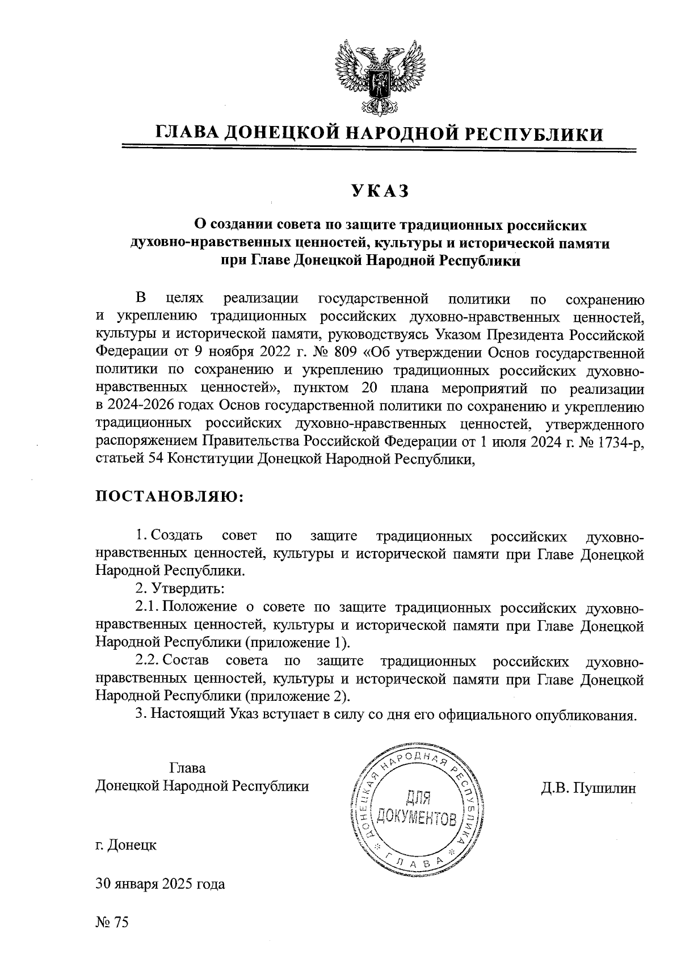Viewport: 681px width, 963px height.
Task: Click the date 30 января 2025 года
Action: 160,884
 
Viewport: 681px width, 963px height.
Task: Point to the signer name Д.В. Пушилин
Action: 588,788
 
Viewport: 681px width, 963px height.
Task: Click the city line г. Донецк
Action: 126,845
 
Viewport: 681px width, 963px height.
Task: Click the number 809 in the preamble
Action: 346,352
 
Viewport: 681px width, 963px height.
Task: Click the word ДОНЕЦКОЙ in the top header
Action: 281,133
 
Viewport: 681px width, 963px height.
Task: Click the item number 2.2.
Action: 148,661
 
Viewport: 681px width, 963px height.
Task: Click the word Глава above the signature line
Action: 187,768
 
